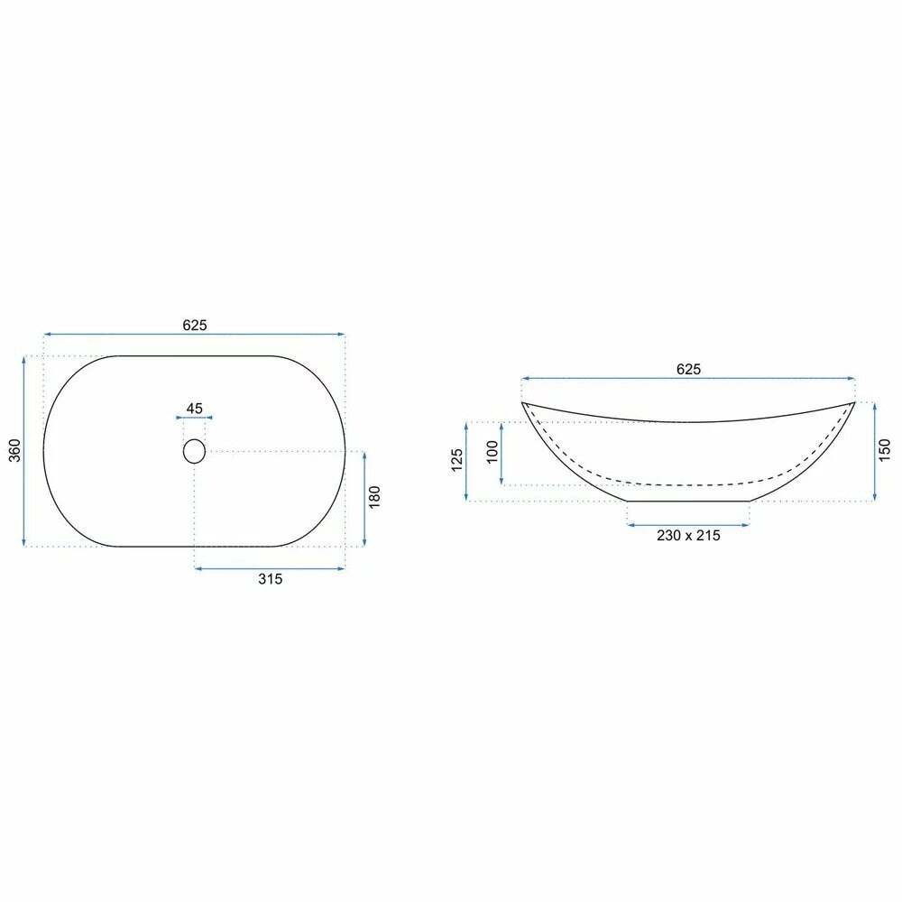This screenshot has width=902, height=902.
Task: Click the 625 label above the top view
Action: [x=195, y=326]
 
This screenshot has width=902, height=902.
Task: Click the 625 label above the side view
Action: [x=688, y=369]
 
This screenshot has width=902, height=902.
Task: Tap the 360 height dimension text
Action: [x=14, y=451]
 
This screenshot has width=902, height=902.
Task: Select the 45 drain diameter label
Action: [x=194, y=408]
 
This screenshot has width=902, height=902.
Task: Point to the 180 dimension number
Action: [x=375, y=498]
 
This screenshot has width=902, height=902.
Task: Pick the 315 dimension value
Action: [x=271, y=579]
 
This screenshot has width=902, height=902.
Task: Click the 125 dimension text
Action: [x=456, y=461]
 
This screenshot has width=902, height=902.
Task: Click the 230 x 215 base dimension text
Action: [x=688, y=535]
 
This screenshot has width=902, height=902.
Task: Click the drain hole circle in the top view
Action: [x=194, y=450]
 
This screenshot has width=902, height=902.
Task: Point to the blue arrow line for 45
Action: [x=194, y=418]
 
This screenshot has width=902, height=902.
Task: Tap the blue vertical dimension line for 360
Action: [x=24, y=451]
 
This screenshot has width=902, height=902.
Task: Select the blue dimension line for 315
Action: [x=270, y=567]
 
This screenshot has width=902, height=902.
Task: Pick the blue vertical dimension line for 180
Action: [x=364, y=498]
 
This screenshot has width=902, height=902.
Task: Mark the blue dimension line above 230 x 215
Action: [x=688, y=523]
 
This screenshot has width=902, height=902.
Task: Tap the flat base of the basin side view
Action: [x=688, y=501]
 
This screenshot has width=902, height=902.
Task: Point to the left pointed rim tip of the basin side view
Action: [x=523, y=402]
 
